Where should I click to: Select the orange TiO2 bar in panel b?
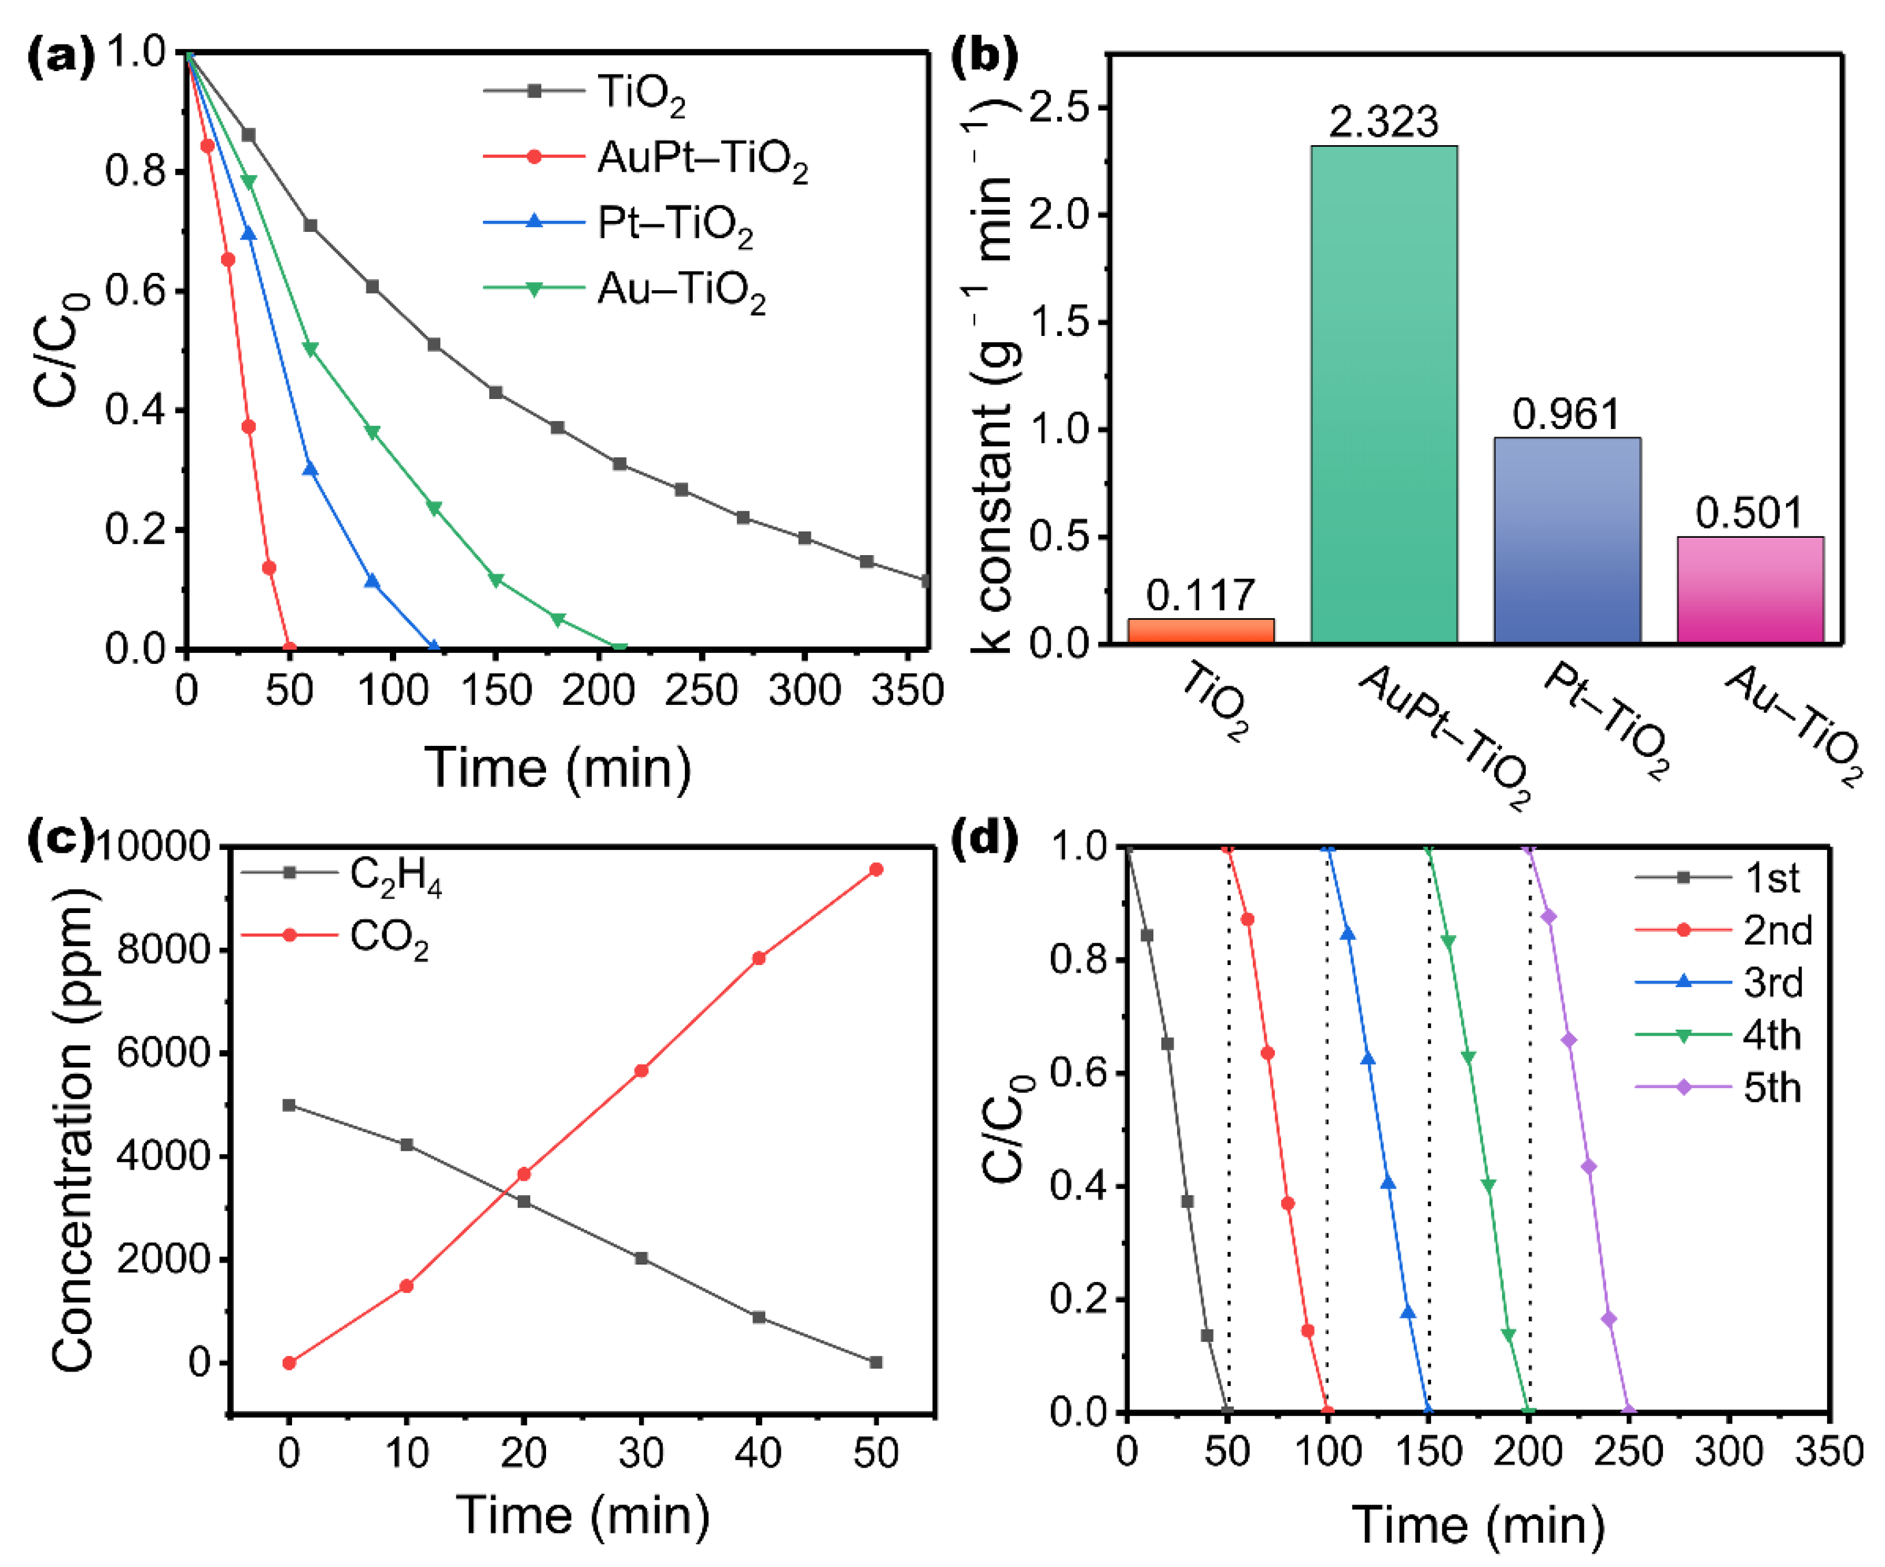(1200, 631)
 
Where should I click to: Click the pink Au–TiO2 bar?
(1750, 590)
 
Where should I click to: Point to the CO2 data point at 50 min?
(876, 868)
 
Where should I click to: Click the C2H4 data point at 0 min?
(289, 1105)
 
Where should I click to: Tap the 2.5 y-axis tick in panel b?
(1057, 108)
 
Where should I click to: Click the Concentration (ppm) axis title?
(72, 1131)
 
